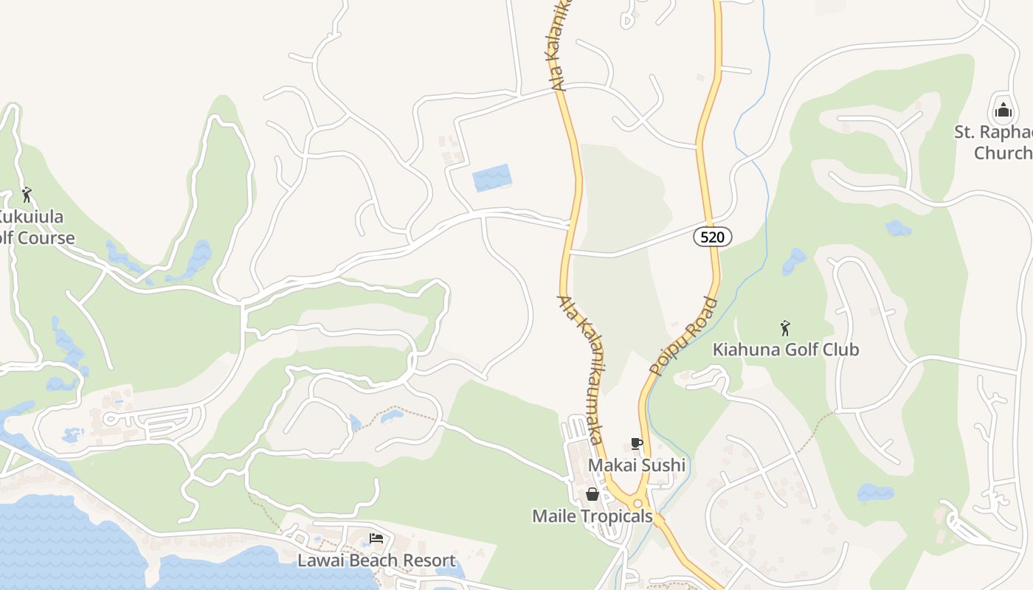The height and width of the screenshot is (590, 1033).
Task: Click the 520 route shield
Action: coord(713,237)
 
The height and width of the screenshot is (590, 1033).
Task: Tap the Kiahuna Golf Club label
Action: coord(786,349)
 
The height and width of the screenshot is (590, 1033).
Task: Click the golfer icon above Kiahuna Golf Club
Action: coord(785,327)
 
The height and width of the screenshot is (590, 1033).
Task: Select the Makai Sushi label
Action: coord(636,465)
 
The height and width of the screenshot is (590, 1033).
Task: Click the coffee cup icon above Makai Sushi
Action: coord(636,443)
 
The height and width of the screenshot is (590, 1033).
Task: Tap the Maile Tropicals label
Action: coord(592,516)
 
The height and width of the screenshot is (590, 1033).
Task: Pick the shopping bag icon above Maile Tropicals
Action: coord(592,494)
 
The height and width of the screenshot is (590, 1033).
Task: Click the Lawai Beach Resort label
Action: coord(376,560)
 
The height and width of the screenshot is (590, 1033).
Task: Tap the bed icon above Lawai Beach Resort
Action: coord(376,538)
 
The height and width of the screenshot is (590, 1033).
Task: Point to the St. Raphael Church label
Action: coord(993,142)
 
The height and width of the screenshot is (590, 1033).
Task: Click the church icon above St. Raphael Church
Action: coord(1003,111)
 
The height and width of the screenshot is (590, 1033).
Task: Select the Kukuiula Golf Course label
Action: coord(37,227)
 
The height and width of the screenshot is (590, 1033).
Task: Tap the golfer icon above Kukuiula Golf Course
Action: coord(27,195)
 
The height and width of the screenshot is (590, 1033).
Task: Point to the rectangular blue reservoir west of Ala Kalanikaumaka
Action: coord(492,178)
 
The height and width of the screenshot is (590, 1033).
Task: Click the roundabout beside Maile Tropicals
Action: coord(638,503)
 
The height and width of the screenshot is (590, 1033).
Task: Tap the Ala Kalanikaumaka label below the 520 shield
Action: coord(582,369)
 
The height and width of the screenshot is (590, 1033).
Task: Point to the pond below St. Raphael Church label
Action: coord(898,228)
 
